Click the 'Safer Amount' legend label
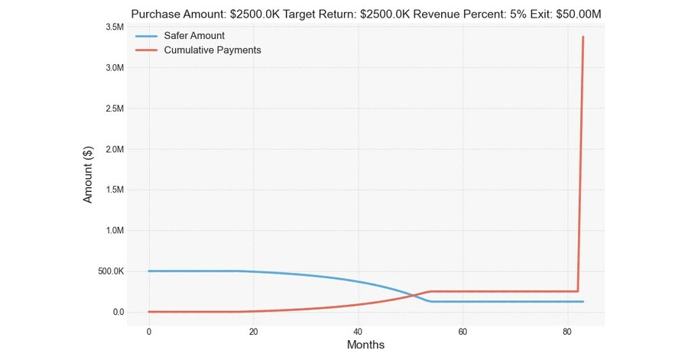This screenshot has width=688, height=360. [194, 36]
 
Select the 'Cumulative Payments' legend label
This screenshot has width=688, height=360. [213, 50]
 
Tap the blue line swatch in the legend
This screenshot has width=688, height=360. [147, 36]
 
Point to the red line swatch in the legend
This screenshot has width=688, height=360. [147, 50]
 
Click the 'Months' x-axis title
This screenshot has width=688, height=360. [365, 345]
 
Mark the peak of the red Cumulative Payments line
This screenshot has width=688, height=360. [583, 37]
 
